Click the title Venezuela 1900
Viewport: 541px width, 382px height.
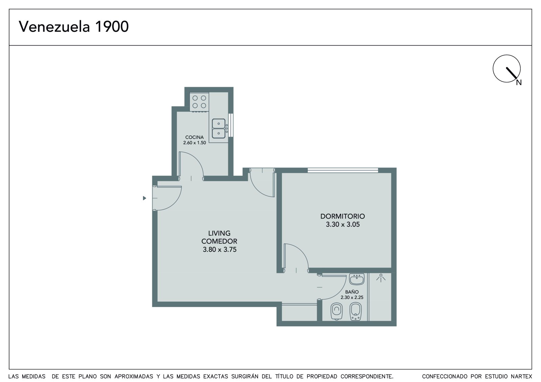74,27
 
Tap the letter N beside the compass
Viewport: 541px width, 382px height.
519,82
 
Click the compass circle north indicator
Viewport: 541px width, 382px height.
507,69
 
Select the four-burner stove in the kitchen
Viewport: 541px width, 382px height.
199,102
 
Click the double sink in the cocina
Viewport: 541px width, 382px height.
218,128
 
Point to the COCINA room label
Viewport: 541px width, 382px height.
194,137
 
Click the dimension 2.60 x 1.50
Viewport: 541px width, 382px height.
194,143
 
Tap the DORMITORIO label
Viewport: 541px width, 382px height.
343,216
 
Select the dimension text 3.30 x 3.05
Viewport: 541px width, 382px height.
343,224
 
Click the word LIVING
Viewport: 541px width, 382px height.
219,233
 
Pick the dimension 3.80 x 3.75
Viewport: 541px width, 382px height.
219,250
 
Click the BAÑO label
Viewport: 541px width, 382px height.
352,292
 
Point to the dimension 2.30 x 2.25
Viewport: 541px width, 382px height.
352,297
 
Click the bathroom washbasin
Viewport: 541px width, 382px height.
357,279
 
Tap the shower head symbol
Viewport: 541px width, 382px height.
381,278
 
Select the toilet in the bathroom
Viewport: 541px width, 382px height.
337,311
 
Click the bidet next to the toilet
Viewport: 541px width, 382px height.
355,311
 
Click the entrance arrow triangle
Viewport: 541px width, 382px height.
144,198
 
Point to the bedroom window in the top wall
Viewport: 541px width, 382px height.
343,170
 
